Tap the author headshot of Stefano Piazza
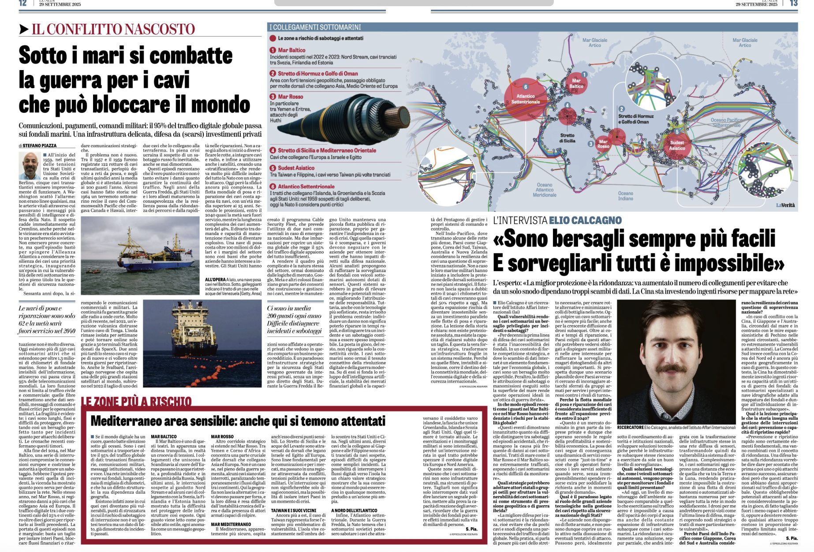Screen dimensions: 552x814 (x=30, y=166)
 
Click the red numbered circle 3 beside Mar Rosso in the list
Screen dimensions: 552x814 (x=273, y=97)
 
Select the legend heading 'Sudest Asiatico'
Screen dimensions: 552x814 (x=296, y=168)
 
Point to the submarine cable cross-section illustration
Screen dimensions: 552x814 (x=335, y=119)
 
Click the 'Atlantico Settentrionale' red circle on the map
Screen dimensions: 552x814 (x=525, y=98)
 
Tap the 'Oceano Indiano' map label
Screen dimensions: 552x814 (x=625, y=196)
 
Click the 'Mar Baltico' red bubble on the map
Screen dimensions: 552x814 (x=576, y=83)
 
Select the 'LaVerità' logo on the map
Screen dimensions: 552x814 (x=786, y=205)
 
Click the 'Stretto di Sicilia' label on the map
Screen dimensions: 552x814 (x=567, y=138)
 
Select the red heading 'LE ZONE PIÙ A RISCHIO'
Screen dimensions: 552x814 (x=136, y=401)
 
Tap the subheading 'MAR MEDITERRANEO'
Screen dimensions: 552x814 (x=231, y=524)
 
